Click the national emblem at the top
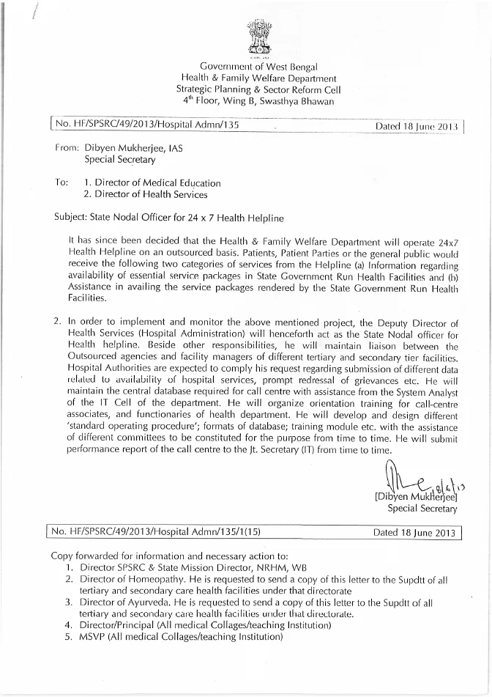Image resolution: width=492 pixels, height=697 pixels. (259, 37)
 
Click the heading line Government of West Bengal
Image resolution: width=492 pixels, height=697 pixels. (259, 67)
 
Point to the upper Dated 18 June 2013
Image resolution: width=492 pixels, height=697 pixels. (415, 126)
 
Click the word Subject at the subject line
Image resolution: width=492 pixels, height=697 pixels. (70, 218)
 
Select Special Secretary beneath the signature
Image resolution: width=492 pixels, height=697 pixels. (422, 507)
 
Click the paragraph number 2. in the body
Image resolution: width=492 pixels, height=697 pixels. (59, 321)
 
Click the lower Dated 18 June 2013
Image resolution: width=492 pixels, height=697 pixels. (414, 531)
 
